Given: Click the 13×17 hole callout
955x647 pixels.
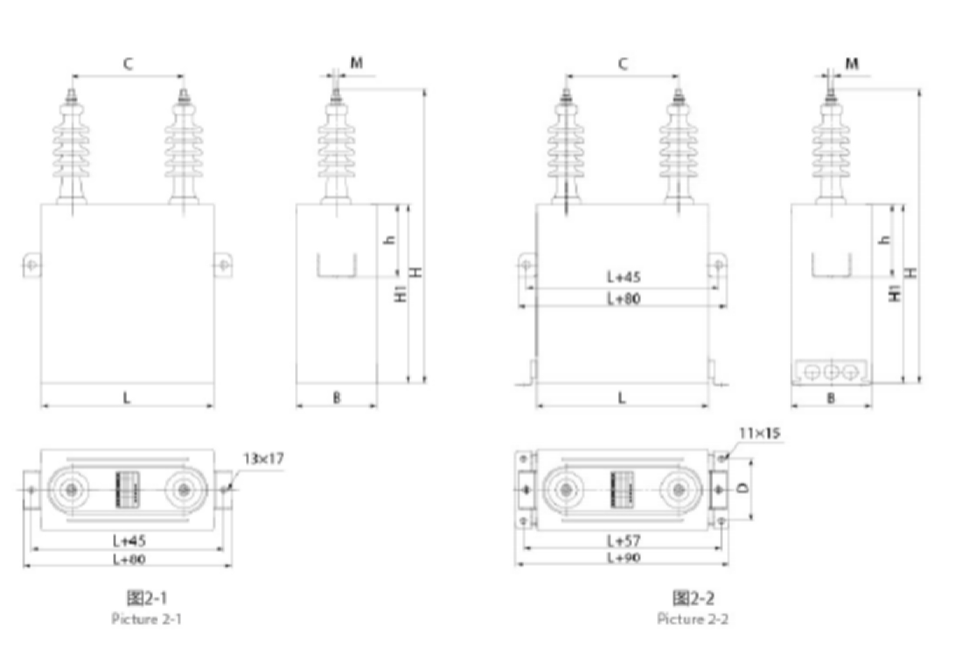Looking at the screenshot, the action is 264,459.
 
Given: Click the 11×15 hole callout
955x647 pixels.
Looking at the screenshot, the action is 760,433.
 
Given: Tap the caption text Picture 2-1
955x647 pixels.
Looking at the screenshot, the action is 146,619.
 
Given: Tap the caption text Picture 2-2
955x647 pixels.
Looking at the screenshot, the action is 693,619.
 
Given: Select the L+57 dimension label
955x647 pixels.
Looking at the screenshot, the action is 624,541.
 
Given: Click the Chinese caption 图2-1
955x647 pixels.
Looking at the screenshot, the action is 146,598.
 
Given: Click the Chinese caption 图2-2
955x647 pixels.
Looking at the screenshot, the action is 693,598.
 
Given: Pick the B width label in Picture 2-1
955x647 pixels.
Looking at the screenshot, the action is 337,398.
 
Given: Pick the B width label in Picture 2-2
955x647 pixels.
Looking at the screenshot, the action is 831,398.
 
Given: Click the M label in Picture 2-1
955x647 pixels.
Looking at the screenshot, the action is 357,63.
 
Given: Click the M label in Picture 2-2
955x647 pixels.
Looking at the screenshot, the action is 852,64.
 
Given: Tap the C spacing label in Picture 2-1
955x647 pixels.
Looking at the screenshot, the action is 128,64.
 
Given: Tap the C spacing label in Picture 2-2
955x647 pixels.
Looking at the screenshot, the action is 623,64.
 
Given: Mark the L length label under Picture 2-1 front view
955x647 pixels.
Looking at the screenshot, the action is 127,398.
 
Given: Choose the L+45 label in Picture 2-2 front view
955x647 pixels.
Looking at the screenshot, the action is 624,277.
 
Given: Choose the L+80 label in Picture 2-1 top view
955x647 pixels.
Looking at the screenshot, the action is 129,560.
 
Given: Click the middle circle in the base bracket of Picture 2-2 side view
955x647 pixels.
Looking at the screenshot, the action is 831,372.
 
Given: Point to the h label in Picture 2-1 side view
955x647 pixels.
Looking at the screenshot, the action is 390,240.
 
